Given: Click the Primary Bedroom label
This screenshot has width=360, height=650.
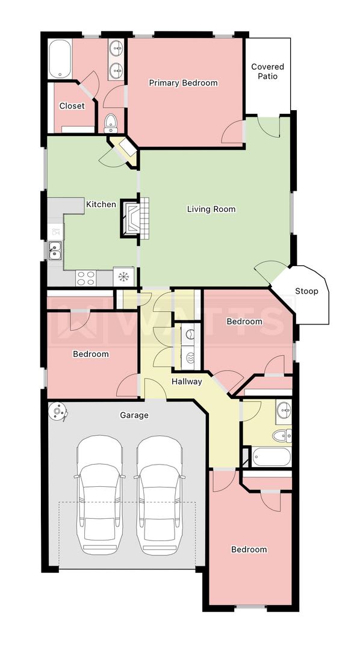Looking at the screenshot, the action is coord(184,83).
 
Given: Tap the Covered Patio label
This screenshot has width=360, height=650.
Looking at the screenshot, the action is coord(267,71).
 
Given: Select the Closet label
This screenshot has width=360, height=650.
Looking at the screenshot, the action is coord(72,106).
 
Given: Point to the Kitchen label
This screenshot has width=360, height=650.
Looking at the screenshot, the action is coord(101,204).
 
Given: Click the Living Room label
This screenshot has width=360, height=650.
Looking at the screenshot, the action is coord(211,209).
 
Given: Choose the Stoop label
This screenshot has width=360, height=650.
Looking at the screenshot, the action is coord(306,291).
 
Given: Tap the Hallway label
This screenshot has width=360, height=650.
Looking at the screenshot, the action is coord(187,382).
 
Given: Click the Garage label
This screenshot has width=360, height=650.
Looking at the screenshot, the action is coord(134,415).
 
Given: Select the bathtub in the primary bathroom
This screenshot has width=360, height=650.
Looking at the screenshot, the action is coord(60,59).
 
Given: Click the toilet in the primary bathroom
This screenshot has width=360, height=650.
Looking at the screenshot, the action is coord(111,123).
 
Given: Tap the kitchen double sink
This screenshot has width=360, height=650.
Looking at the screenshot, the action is coord(55,250).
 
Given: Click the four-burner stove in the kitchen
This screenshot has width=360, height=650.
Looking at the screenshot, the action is coord(86,277).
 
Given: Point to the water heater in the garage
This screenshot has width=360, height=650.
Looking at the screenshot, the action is coord(57,412).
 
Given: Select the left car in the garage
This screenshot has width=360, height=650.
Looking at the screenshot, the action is coord(99,495).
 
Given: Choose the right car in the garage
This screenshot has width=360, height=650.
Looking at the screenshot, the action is coord(160,495).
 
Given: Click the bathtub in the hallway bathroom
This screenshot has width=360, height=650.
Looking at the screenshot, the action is coord(272,457).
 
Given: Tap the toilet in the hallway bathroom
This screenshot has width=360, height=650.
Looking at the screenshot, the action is coord(282,436).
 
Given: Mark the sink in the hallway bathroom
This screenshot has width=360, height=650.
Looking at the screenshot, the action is coord(284,410).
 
